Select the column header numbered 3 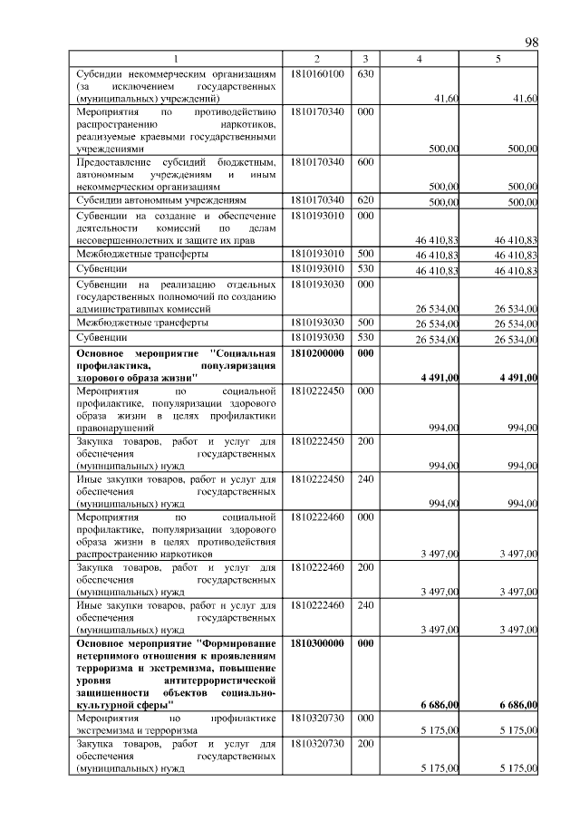tap(364, 59)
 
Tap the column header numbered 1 tap(177, 59)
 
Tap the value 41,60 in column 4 tap(445, 98)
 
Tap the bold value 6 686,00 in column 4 tap(440, 705)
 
